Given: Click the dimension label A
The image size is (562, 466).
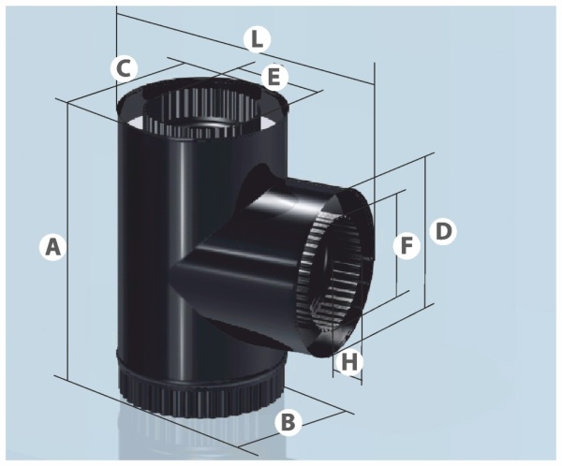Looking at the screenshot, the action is point(52,247).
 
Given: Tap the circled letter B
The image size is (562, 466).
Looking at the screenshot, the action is point(288,422).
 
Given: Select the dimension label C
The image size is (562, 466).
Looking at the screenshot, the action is point(124,68).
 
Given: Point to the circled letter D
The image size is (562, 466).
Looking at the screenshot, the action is point(444,232).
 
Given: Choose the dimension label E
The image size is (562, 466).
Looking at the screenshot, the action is point(274,77).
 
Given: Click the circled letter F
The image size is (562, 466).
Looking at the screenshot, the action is point(407,246).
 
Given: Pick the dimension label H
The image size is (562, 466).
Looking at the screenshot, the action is point(349,362).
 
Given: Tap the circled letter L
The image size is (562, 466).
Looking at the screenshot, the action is point(257,39).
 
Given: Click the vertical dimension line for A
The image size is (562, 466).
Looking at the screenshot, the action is point(67,240).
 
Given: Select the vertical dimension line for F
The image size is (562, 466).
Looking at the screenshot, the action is point(397,244).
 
